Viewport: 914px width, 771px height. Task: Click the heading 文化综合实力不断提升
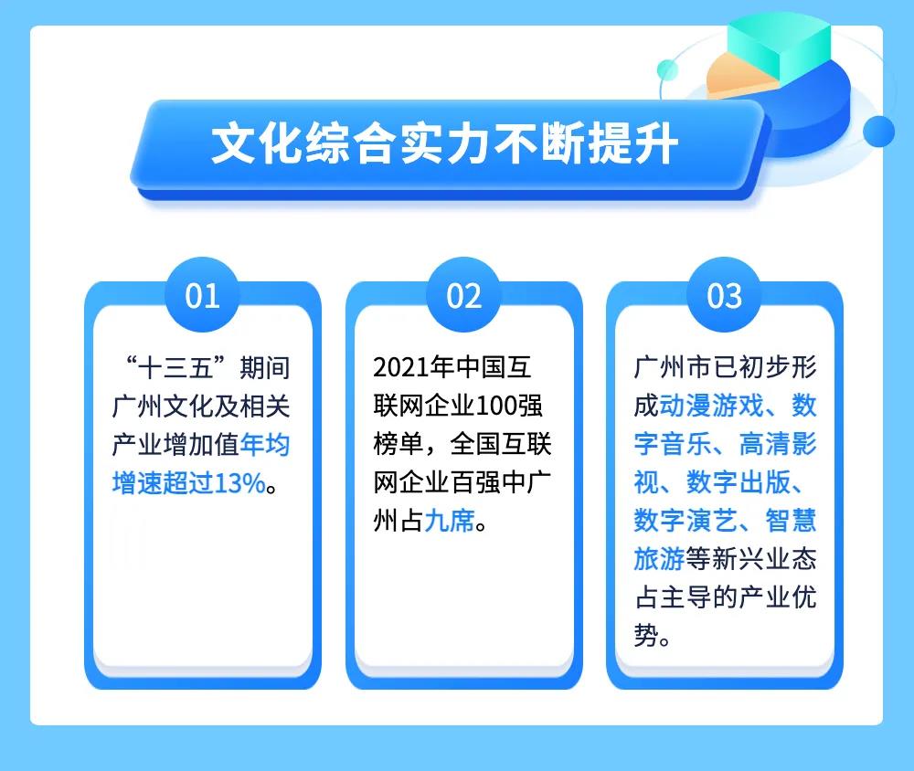(444, 143)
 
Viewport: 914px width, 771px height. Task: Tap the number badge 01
(202, 295)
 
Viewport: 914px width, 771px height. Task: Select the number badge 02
(464, 295)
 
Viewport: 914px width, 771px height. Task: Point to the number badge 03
(725, 295)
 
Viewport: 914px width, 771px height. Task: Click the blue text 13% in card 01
(240, 483)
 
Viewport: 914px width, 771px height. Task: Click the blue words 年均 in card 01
(265, 445)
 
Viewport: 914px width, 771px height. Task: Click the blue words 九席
(450, 521)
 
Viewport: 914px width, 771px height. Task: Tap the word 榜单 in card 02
(399, 445)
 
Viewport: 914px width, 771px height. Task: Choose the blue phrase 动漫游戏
(711, 406)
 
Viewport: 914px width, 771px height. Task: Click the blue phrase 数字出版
(738, 482)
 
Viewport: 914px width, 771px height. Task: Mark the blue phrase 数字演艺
(685, 521)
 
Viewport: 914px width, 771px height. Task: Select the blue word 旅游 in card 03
(659, 559)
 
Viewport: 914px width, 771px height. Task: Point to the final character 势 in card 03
(646, 635)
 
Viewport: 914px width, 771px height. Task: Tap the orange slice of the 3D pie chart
(739, 76)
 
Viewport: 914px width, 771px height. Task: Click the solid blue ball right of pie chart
(878, 132)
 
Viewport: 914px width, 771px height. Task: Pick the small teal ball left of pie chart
(667, 70)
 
